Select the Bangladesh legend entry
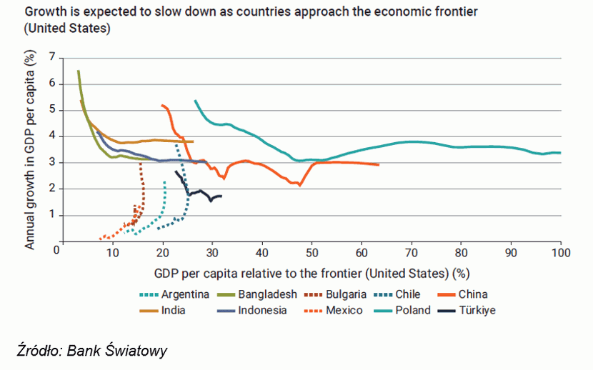268,294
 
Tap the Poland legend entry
414,310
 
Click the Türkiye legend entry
478,310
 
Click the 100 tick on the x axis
561,254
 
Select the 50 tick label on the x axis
312,254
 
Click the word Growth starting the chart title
44,12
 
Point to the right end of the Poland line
561,152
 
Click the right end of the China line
379,164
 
